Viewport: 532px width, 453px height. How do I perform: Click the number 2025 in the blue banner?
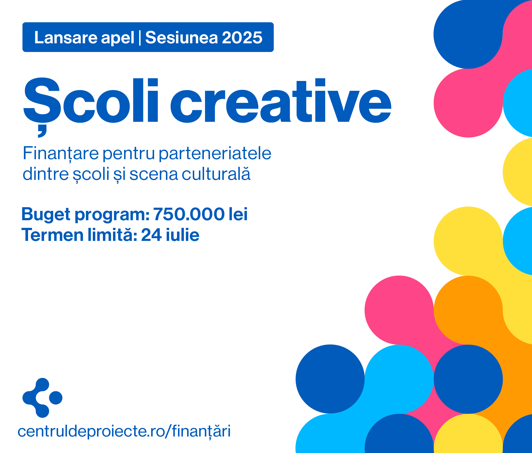pyautogui.click(x=242, y=37)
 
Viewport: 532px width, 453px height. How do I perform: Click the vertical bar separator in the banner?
pyautogui.click(x=140, y=38)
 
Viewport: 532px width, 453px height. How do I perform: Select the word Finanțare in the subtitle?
pyautogui.click(x=61, y=154)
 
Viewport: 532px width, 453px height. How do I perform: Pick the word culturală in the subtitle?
pyautogui.click(x=216, y=173)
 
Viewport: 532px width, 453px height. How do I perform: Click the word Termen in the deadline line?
pyautogui.click(x=52, y=235)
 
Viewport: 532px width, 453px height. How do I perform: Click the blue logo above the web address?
pyautogui.click(x=42, y=398)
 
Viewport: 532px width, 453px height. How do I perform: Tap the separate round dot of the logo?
pyautogui.click(x=56, y=398)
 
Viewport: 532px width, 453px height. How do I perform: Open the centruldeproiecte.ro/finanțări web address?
pyautogui.click(x=124, y=431)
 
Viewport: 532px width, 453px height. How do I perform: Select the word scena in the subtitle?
pyautogui.click(x=154, y=174)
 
